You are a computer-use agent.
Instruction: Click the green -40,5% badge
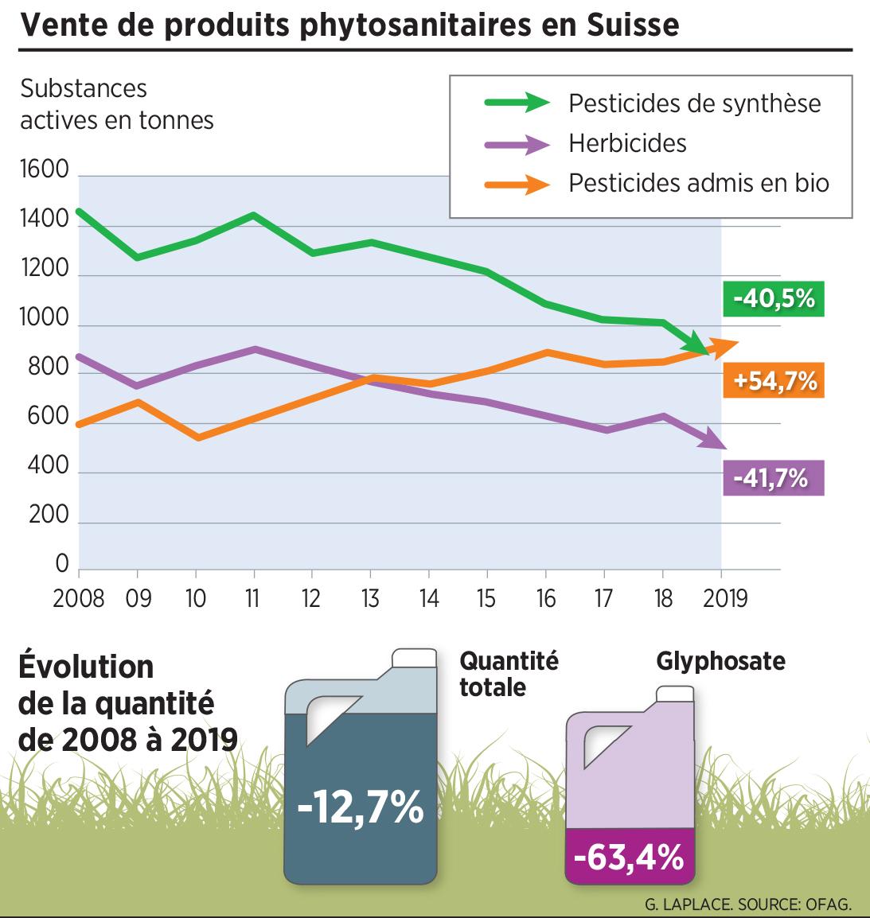point(774,300)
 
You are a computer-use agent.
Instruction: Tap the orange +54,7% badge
point(774,381)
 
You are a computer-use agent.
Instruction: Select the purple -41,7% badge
point(774,478)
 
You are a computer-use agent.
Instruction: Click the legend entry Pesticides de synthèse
point(694,103)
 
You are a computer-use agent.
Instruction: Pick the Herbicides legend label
point(627,143)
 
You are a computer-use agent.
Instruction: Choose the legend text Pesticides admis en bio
point(699,183)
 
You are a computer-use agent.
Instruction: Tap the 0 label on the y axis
point(61,564)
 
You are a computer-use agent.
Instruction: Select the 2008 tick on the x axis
point(79,597)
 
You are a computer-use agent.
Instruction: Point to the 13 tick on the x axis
point(370,597)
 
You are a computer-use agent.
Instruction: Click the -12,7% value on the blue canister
point(360,807)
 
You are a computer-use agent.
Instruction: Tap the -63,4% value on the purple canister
point(628,858)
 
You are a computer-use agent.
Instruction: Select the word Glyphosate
point(720,661)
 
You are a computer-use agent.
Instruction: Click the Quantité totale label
point(509,674)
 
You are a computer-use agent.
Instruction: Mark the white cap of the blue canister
point(415,657)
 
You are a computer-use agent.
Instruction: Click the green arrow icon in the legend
point(517,103)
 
